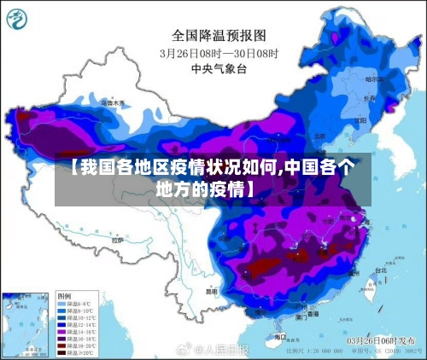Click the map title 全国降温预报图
(219, 35)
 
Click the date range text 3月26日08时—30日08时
(219, 53)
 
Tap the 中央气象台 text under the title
(219, 68)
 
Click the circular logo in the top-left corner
(21, 20)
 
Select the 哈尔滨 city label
(374, 78)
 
